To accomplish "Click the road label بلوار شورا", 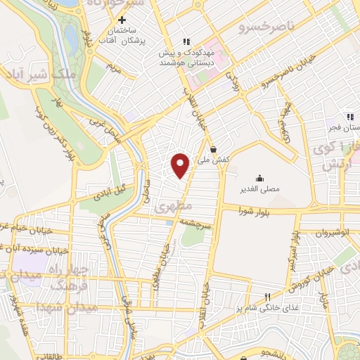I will click(255, 210).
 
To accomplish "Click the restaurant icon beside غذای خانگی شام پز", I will click(266, 296).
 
